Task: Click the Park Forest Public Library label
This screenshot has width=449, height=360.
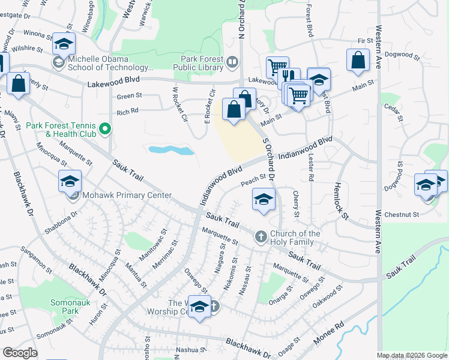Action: click(x=202, y=61)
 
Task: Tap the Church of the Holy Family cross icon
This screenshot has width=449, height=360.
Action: click(x=261, y=237)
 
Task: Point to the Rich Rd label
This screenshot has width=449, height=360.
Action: click(x=127, y=111)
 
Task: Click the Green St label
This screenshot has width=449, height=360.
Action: click(x=129, y=96)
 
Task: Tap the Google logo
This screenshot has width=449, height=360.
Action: click(x=20, y=353)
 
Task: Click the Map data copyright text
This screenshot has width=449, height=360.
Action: click(x=412, y=355)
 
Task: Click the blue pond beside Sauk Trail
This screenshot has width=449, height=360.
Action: click(x=170, y=149)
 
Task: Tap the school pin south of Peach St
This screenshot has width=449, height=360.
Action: click(x=264, y=200)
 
